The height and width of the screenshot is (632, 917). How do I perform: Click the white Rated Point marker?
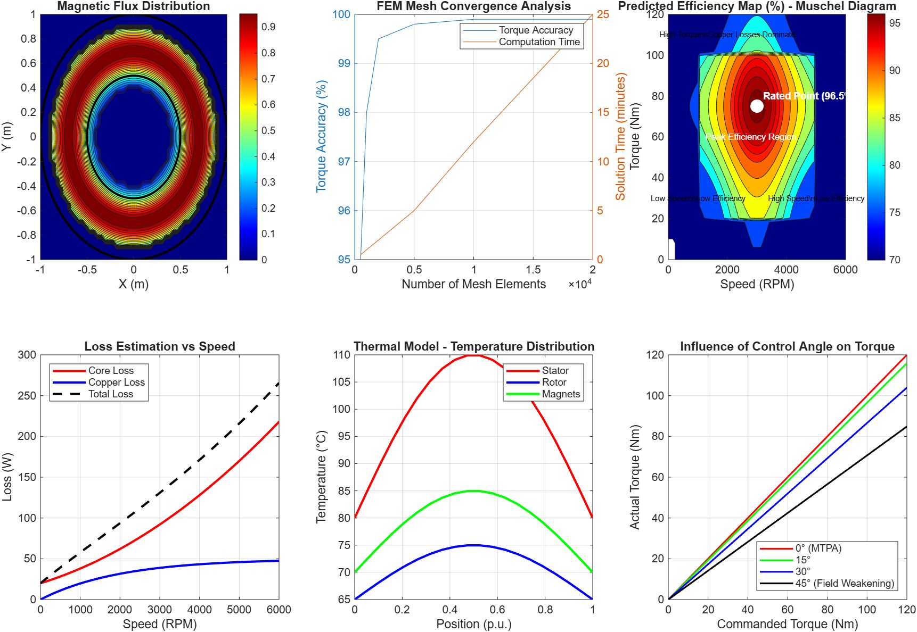[x=757, y=106]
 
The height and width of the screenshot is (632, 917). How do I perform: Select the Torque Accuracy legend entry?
[x=536, y=30]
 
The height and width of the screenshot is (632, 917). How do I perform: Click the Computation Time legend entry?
[x=539, y=42]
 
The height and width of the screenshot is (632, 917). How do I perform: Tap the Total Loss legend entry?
[x=111, y=394]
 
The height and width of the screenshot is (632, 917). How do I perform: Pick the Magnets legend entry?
[x=561, y=394]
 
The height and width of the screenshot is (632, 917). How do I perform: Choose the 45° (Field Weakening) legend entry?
[x=845, y=584]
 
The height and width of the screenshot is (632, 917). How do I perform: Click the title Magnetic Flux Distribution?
[x=134, y=6]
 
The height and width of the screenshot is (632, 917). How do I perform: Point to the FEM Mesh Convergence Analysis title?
[x=473, y=6]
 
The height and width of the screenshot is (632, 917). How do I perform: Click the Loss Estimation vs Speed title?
[x=160, y=346]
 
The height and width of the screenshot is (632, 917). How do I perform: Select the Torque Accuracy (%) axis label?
[x=321, y=137]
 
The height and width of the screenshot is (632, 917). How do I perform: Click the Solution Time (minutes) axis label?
[x=620, y=137]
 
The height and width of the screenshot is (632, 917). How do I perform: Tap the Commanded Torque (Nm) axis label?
[x=787, y=624]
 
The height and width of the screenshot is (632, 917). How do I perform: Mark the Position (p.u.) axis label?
[x=473, y=624]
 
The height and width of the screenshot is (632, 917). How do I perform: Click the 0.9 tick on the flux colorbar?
[x=268, y=27]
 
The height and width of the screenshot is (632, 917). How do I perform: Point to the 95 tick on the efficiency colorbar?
[x=895, y=23]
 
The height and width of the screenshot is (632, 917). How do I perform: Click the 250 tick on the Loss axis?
[x=27, y=396]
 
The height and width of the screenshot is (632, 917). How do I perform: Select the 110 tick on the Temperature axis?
[x=341, y=355]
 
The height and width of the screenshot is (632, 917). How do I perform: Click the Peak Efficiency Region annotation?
[x=751, y=137]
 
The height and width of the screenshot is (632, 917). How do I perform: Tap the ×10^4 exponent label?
[x=580, y=284]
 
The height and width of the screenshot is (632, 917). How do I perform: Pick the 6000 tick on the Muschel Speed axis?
[x=845, y=270]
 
